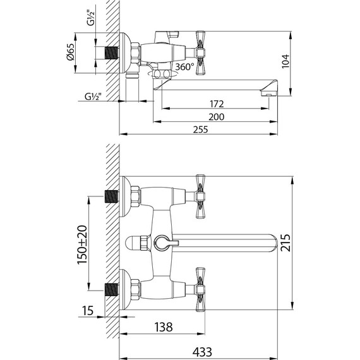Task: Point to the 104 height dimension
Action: pyautogui.click(x=285, y=61)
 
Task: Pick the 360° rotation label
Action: pyautogui.click(x=184, y=67)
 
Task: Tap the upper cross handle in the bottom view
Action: pyautogui.click(x=201, y=193)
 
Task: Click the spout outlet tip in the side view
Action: pyautogui.click(x=268, y=93)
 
